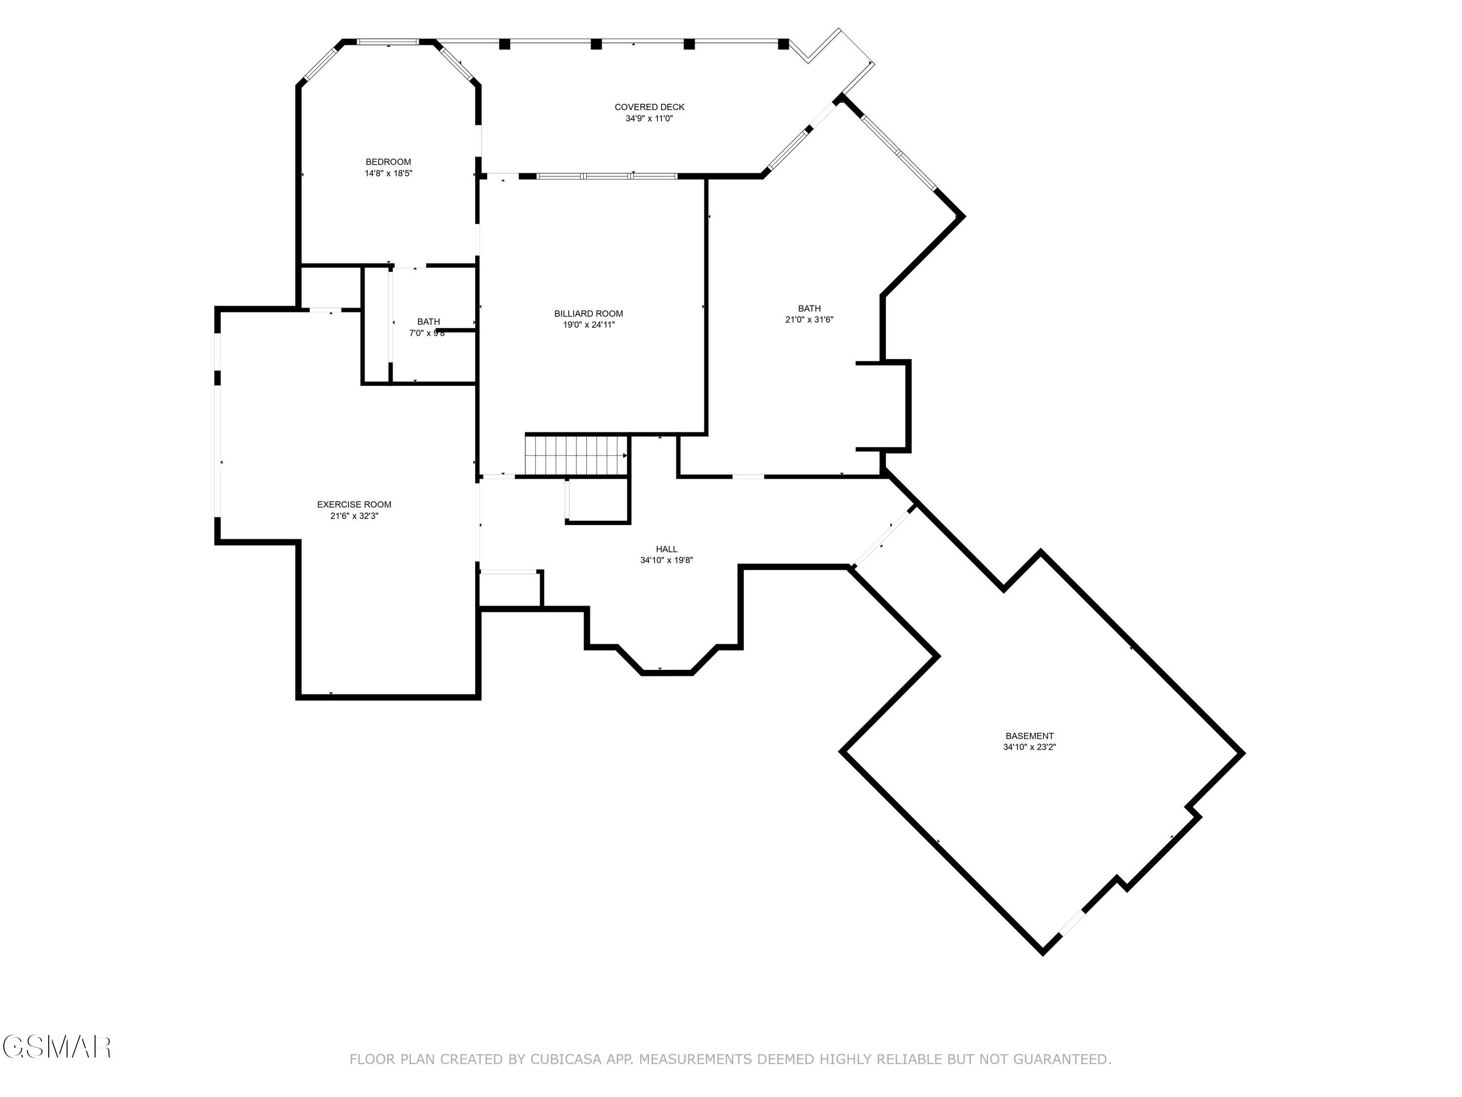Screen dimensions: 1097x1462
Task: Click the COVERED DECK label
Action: pyautogui.click(x=649, y=107)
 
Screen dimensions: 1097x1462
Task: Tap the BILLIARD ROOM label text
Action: pyautogui.click(x=588, y=313)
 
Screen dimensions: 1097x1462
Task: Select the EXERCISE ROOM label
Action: pyautogui.click(x=354, y=505)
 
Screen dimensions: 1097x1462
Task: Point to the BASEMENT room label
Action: pyautogui.click(x=1029, y=736)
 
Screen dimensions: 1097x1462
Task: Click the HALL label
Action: pyautogui.click(x=666, y=549)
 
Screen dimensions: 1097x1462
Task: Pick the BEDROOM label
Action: pyautogui.click(x=388, y=162)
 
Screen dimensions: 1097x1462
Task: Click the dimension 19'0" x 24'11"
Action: pyautogui.click(x=588, y=325)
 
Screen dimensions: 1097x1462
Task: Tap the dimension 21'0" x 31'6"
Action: pyautogui.click(x=809, y=319)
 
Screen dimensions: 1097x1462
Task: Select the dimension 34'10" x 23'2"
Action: pyautogui.click(x=1029, y=747)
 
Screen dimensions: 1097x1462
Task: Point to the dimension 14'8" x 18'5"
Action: pyautogui.click(x=388, y=173)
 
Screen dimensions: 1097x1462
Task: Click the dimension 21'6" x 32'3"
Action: pyautogui.click(x=354, y=516)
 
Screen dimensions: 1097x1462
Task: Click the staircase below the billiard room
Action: pyautogui.click(x=576, y=455)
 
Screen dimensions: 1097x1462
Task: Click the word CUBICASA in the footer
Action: pyautogui.click(x=565, y=1059)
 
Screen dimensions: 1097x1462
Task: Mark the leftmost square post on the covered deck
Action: pyautogui.click(x=504, y=44)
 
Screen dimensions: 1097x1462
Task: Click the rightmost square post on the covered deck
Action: pyautogui.click(x=783, y=44)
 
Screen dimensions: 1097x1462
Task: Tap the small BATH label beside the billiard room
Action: pyautogui.click(x=428, y=322)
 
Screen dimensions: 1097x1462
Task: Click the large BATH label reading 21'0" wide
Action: pyautogui.click(x=809, y=308)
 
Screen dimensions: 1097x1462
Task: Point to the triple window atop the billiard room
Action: pyautogui.click(x=607, y=176)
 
